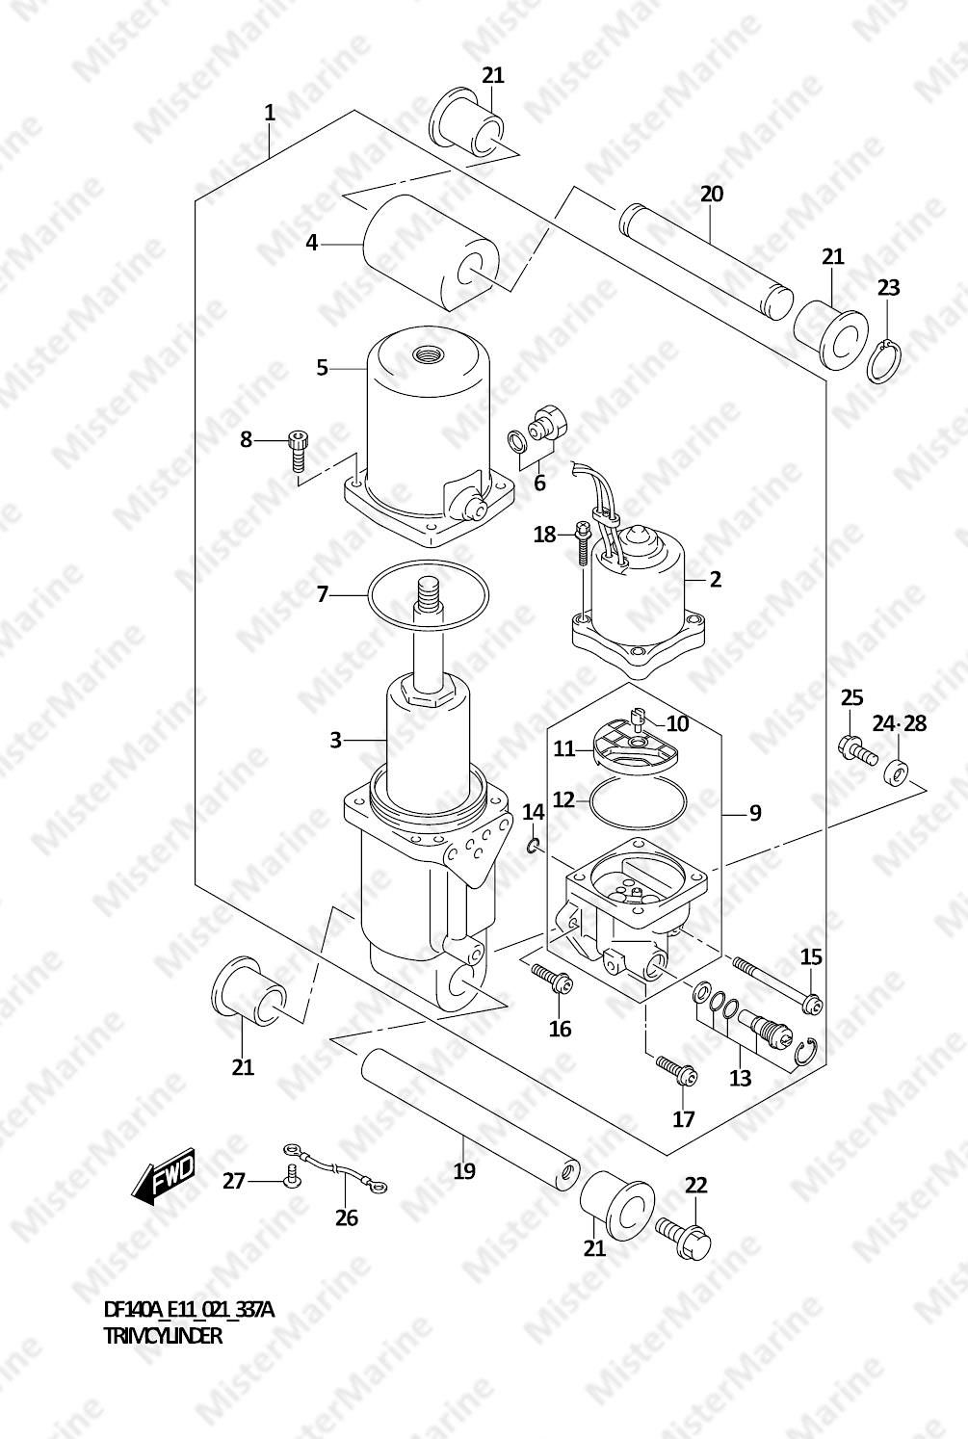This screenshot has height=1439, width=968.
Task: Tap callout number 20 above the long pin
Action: pos(712,194)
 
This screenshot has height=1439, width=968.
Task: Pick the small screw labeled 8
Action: pos(298,450)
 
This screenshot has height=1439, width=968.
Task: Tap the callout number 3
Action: pos(336,740)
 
